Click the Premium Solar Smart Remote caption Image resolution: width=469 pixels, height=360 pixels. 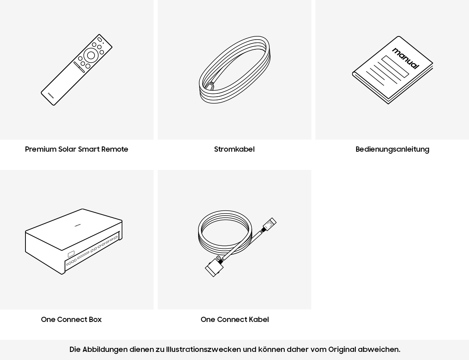point(76,149)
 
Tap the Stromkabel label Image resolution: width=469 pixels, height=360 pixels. point(234,149)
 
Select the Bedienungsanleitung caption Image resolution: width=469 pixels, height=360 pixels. point(393,149)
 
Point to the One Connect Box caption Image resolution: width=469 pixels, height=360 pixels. point(71,319)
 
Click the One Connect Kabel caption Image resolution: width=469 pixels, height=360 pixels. point(235,319)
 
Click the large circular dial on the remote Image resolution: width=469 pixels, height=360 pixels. point(91,55)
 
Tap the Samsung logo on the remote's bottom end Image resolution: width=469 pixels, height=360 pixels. point(51,95)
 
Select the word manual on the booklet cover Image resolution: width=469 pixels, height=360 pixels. point(406,58)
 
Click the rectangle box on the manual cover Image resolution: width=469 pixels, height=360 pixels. point(395,67)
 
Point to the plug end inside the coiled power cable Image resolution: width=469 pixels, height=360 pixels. point(210,86)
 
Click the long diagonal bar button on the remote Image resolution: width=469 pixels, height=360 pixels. point(79,67)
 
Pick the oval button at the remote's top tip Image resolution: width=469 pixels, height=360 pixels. point(99,39)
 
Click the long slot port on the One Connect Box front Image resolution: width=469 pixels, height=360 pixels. point(83,255)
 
